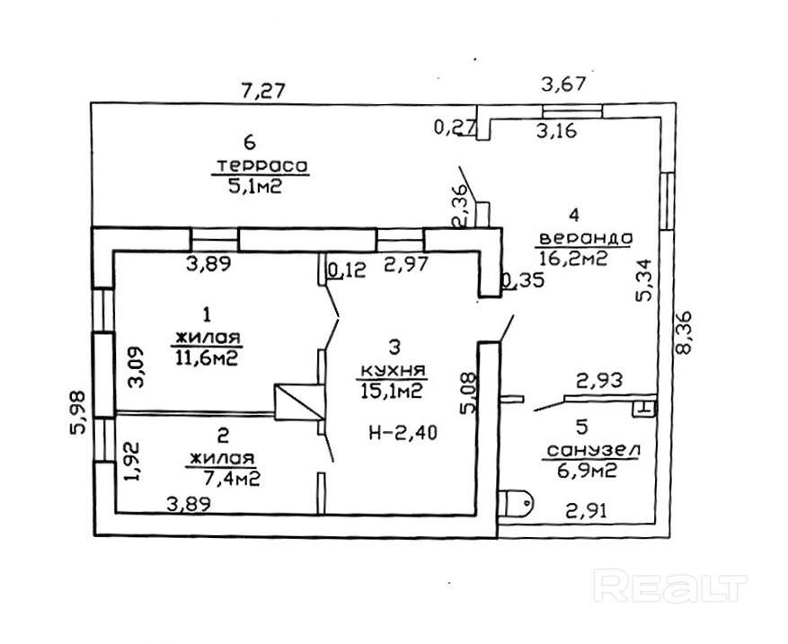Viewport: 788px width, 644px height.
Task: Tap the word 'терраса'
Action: [261, 166]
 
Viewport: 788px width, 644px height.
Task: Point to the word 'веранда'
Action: [585, 239]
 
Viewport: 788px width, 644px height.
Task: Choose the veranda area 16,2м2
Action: [573, 259]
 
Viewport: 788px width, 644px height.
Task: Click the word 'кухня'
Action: [391, 370]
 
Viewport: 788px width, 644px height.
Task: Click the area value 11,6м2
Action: [206, 358]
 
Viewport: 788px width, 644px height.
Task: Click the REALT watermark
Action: [671, 587]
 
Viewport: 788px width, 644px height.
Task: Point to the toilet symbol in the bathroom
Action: [518, 504]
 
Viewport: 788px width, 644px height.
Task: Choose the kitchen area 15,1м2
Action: [393, 391]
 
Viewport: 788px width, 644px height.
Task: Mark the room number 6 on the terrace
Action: [251, 143]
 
